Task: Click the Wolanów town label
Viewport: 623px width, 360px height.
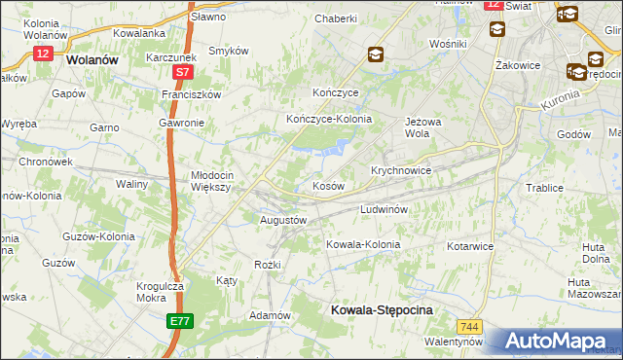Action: pos(93,59)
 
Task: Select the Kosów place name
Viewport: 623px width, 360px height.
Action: pos(328,186)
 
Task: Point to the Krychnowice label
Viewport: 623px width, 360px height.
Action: pos(400,169)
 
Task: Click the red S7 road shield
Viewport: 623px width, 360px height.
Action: pos(183,73)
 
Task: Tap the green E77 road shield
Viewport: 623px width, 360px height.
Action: pos(180,320)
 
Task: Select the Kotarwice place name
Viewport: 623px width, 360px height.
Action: pos(470,246)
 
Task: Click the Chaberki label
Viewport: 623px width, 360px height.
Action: pos(336,18)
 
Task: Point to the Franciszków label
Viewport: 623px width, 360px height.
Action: pos(192,94)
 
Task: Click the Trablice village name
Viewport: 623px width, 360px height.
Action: pos(545,188)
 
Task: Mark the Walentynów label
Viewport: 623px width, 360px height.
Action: pos(454,342)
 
